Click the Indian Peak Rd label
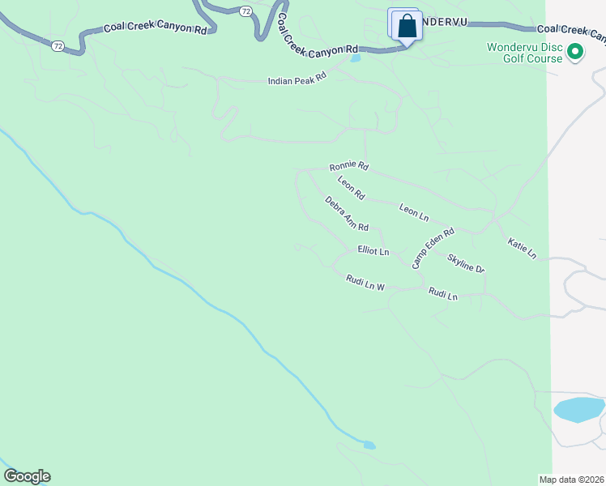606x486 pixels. (x=297, y=80)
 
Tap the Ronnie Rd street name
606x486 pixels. (x=349, y=167)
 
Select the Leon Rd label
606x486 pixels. (x=352, y=189)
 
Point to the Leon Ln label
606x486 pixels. (x=413, y=212)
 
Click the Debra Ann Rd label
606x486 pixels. (x=347, y=213)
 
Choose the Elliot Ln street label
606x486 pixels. (x=373, y=252)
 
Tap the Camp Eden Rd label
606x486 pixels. (x=433, y=248)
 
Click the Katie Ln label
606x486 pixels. (x=523, y=249)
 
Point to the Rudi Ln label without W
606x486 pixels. (x=443, y=295)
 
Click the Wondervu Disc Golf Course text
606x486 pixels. (x=524, y=53)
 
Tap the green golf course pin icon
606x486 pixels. (x=575, y=53)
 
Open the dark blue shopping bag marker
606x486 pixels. (x=408, y=27)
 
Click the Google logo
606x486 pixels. (x=27, y=476)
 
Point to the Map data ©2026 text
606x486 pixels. (x=571, y=480)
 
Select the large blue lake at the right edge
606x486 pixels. (x=578, y=409)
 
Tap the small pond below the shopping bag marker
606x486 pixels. (x=355, y=58)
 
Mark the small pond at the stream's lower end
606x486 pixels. (x=369, y=445)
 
